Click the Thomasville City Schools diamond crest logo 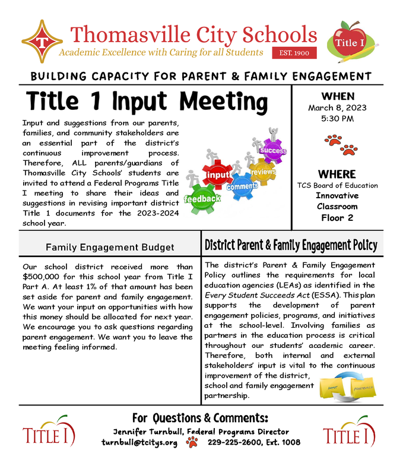pos(42,42)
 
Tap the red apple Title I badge pos(350,42)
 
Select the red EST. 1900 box pos(294,53)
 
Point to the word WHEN pos(338,96)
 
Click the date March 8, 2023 pos(337,108)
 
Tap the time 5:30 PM pos(337,119)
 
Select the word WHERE pos(337,174)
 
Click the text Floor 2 pos(337,217)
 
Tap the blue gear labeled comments pos(241,186)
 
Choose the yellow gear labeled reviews pos(262,171)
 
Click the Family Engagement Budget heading pos(110,247)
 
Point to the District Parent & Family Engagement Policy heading pos(291,245)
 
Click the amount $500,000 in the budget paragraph pos(41,276)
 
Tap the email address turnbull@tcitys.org pos(139,442)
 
